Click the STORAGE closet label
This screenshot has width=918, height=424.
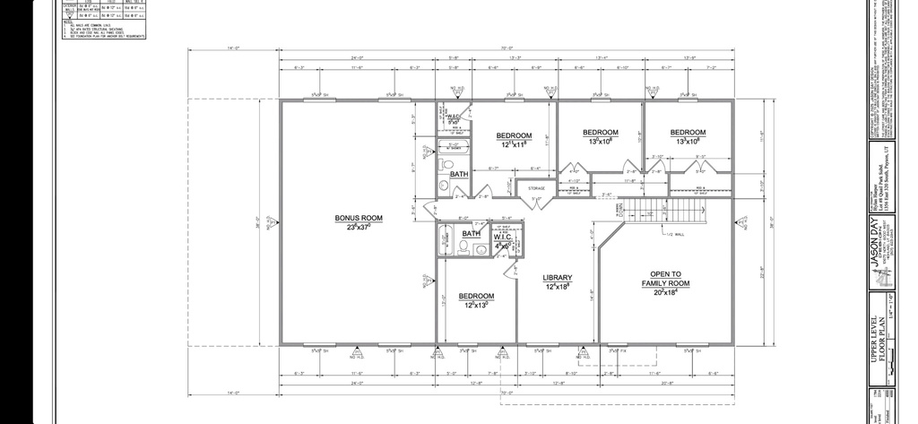pos(536,188)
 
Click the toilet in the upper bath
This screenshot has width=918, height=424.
pos(446,167)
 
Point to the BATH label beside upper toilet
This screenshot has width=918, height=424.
pos(459,174)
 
